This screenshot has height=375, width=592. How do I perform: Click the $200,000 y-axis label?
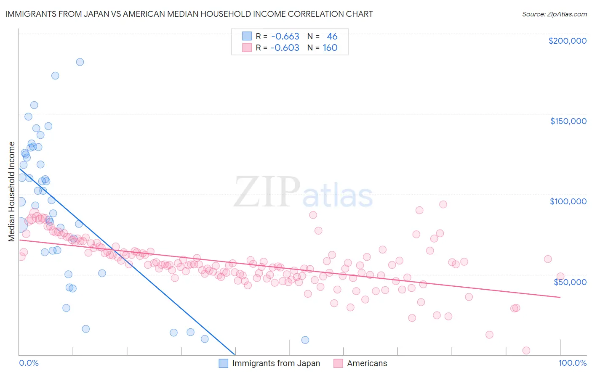click(567, 41)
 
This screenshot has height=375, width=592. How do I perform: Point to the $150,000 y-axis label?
click(568, 121)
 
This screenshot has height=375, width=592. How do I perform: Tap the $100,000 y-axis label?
click(568, 201)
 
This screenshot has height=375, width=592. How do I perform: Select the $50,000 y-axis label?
click(570, 282)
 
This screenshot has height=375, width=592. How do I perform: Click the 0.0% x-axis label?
click(29, 363)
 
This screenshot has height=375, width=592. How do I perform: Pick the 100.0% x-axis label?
click(572, 363)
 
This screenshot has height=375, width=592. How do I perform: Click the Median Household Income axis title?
click(11, 192)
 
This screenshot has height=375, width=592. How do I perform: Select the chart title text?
click(189, 14)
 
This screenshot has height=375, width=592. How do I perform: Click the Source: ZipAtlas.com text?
click(554, 14)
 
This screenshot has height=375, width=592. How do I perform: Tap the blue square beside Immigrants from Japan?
click(224, 363)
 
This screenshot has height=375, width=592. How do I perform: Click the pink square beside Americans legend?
click(338, 363)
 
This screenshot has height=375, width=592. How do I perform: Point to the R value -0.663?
click(285, 37)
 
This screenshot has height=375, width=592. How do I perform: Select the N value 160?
click(330, 48)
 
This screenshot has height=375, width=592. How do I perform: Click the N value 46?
click(332, 37)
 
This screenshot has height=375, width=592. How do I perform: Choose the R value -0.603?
click(285, 48)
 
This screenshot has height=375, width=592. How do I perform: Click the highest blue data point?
click(80, 62)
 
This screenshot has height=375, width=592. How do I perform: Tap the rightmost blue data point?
click(305, 340)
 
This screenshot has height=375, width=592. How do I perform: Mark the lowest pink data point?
click(526, 350)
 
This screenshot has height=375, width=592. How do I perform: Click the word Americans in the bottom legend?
click(367, 363)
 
